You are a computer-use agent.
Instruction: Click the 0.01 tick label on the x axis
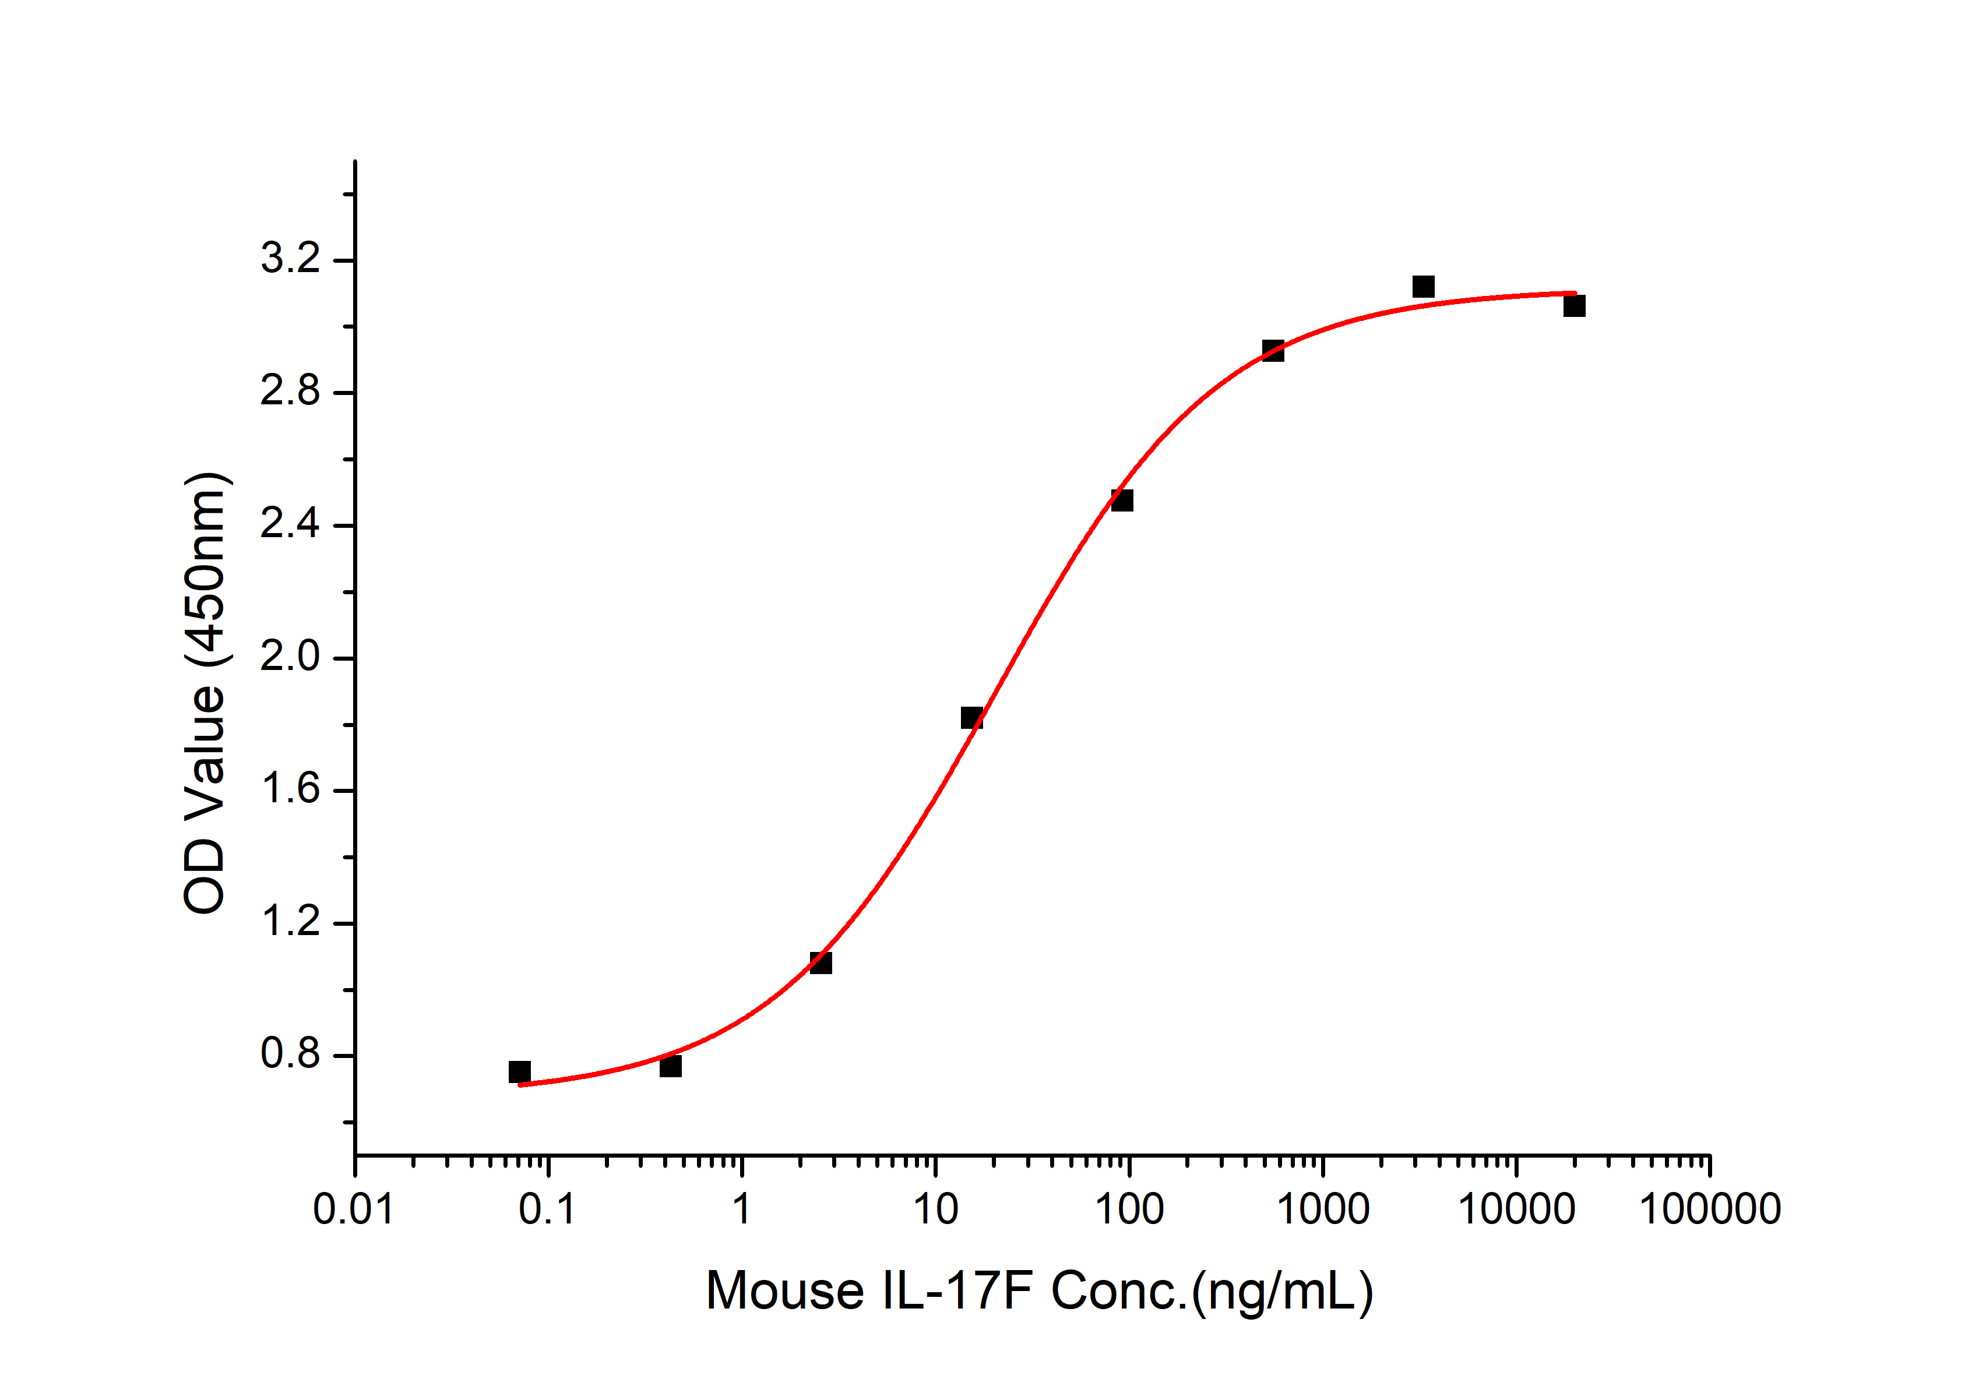click(354, 1209)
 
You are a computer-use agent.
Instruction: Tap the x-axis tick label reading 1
click(741, 1209)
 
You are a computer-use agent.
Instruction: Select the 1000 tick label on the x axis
click(1323, 1209)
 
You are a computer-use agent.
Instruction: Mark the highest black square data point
click(1423, 286)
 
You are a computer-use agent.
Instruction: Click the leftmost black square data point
click(520, 1072)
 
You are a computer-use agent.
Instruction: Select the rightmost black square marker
click(1574, 306)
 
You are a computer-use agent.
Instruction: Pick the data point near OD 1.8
click(971, 718)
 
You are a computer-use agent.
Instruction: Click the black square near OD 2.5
click(1122, 500)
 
